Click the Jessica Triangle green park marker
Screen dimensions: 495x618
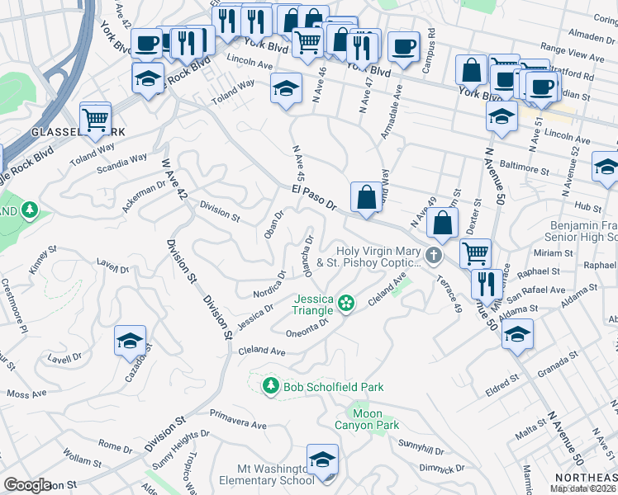[346, 304]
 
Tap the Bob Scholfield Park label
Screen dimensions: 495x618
[333, 386]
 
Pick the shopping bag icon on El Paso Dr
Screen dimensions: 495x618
[365, 198]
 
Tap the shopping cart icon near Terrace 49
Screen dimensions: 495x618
[475, 253]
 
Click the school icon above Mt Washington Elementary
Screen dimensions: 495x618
[322, 460]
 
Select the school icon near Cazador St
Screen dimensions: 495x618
[131, 341]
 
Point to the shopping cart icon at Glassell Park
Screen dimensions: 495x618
[96, 118]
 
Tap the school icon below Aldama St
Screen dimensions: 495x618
[517, 334]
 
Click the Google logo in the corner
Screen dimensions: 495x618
[27, 485]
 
